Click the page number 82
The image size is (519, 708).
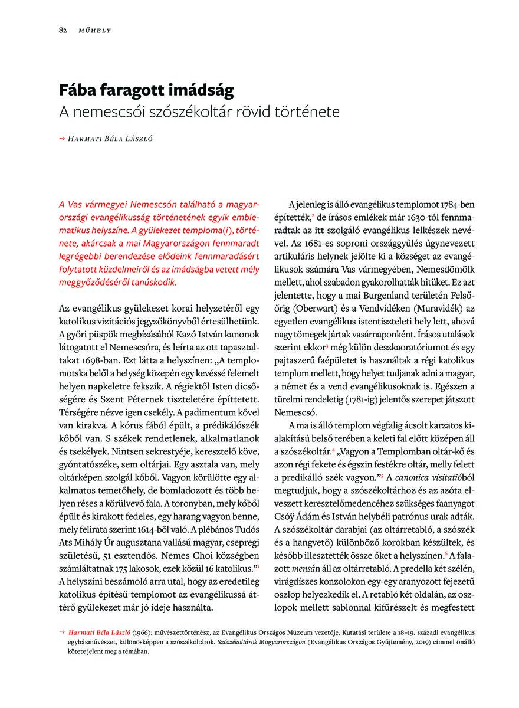point(63,29)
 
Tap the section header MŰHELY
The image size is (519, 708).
point(95,29)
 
